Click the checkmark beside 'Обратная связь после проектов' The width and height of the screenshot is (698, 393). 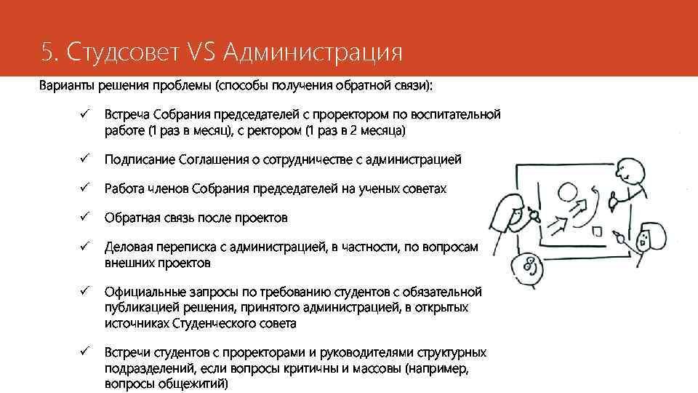click(x=85, y=217)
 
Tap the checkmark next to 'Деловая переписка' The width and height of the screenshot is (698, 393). click(x=85, y=247)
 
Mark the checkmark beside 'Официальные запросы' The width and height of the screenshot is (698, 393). click(x=85, y=291)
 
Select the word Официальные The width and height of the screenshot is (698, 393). click(x=142, y=292)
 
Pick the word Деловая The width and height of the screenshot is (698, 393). click(x=127, y=247)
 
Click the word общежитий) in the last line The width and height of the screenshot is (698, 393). click(x=192, y=383)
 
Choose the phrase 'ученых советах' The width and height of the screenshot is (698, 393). click(x=405, y=188)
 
